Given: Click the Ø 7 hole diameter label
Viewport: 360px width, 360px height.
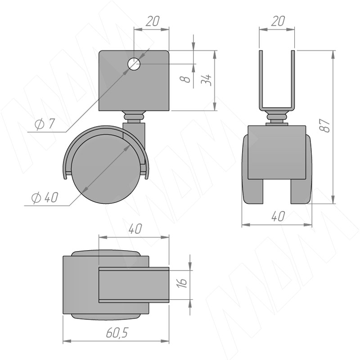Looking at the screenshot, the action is (45, 124).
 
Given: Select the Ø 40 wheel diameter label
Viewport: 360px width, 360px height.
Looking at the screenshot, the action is (45, 198).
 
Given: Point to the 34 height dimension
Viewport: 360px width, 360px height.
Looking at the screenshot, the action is (206, 80).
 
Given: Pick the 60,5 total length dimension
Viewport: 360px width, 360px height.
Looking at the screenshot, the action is (117, 333).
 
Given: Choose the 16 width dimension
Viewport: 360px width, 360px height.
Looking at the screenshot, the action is (182, 283).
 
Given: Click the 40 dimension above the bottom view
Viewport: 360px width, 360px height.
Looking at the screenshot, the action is (135, 229).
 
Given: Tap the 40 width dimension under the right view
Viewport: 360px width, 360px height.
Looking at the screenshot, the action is (278, 216).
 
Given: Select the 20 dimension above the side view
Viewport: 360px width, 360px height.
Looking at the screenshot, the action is (153, 21).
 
